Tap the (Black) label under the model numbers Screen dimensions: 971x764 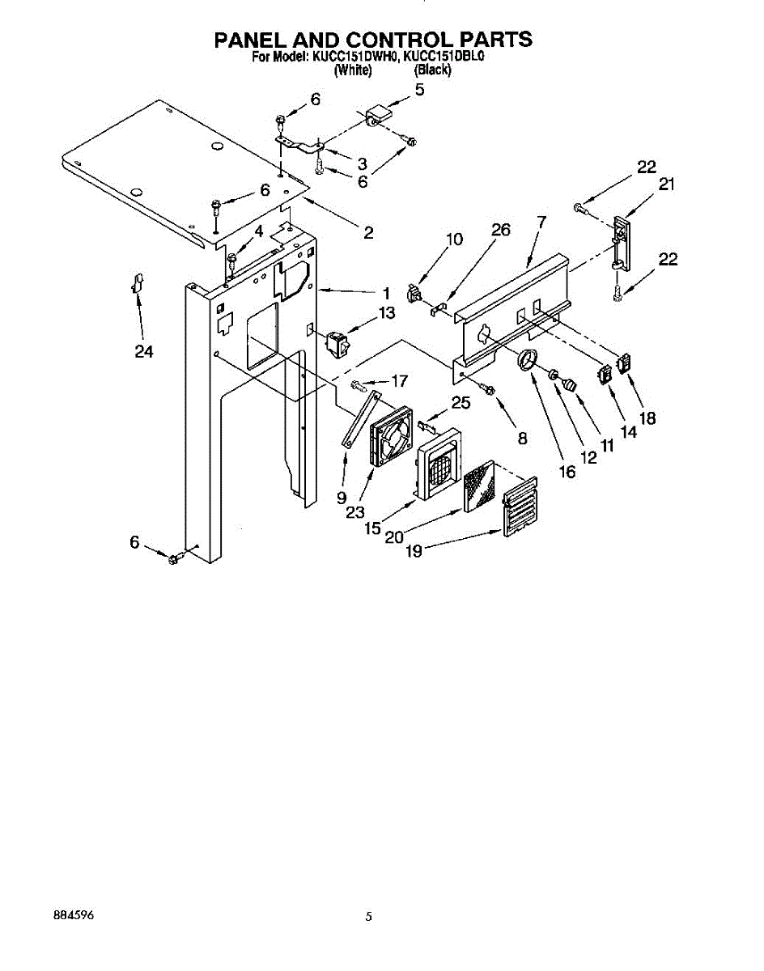(x=432, y=70)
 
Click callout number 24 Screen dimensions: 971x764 (x=144, y=351)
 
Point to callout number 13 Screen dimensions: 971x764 (x=387, y=313)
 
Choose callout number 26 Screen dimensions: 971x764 (x=500, y=231)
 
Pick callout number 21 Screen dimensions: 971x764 (x=665, y=184)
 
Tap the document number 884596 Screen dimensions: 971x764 (x=73, y=916)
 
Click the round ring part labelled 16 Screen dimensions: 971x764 (x=528, y=358)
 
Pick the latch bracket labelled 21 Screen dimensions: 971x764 (x=621, y=240)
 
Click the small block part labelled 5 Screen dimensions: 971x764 (x=379, y=114)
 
